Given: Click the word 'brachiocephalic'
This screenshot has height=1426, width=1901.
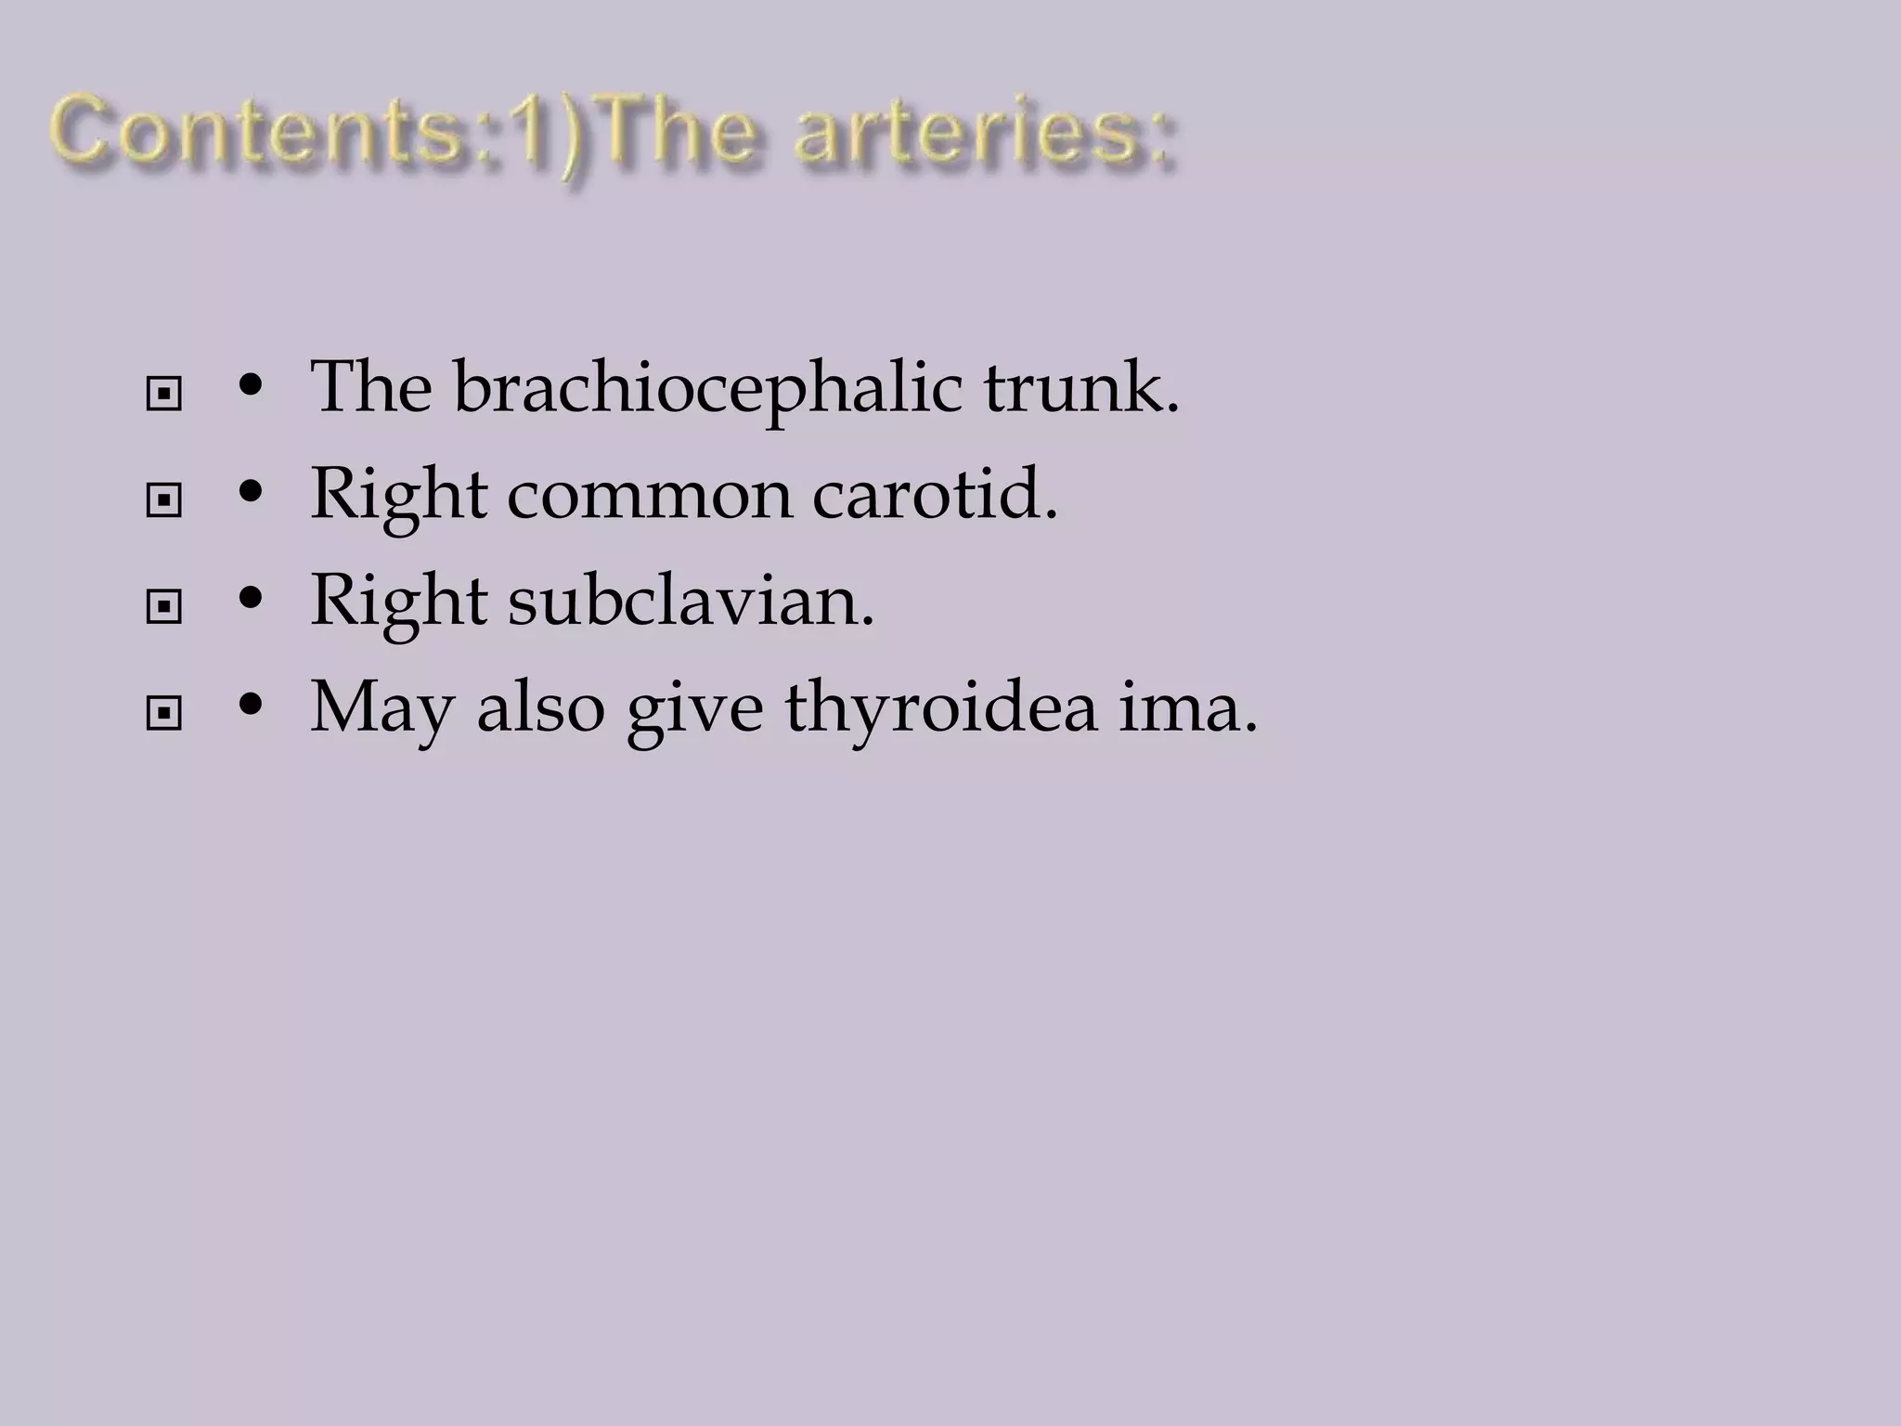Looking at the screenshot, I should point(707,388).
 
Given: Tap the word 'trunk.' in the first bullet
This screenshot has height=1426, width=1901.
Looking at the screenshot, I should point(1081,388).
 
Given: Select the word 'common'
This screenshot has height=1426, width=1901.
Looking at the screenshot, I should point(650,495).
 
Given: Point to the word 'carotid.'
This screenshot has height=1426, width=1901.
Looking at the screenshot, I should point(935,495).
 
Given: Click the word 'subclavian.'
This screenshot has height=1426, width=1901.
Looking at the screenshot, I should point(691,602).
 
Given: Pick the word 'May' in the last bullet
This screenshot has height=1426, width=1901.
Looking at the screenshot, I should point(381,708).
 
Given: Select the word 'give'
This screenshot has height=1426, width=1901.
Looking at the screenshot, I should point(694,708).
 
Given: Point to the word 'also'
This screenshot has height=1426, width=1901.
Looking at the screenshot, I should point(540,708).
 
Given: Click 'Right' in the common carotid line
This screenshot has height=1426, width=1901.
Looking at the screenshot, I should point(398,495).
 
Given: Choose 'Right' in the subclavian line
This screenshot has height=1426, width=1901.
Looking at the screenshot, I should point(398,602).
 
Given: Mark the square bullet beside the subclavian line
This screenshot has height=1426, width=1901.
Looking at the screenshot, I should point(164,608).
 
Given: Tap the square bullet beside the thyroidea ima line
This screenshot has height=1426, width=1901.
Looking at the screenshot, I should point(164,714).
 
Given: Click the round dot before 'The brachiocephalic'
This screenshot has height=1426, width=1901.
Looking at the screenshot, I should point(248,388).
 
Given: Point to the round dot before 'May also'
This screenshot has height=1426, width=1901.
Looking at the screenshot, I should point(248,707).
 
